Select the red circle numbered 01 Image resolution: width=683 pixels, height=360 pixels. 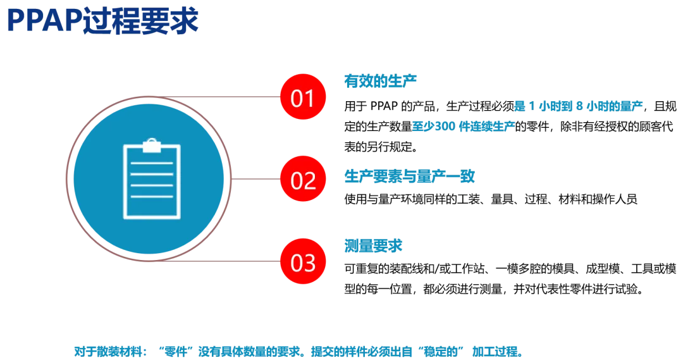[302, 98]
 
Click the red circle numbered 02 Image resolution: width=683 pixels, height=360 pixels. [302, 180]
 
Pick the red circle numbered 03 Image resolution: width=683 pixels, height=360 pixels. [302, 261]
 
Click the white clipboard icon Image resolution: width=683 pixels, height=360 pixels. [152, 180]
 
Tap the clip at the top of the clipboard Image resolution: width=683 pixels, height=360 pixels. [152, 146]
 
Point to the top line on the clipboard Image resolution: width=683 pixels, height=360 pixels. [152, 163]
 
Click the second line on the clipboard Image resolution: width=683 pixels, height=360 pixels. [152, 174]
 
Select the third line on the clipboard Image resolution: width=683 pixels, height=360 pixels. [152, 185]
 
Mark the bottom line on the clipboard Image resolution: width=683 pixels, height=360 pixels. [152, 197]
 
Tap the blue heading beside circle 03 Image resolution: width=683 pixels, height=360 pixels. [373, 245]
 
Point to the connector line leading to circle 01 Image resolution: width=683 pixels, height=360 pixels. [234, 98]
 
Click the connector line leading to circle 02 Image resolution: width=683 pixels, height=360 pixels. [253, 180]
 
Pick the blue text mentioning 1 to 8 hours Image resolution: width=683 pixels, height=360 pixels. [579, 106]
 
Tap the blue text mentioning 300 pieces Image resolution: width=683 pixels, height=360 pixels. [463, 125]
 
